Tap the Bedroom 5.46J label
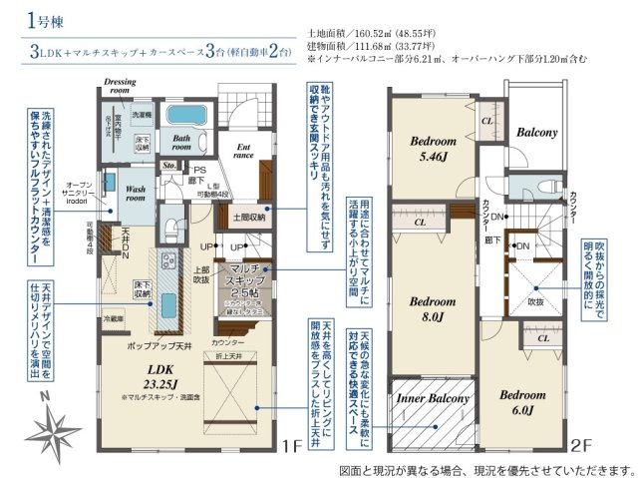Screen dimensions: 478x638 pyautogui.click(x=434, y=149)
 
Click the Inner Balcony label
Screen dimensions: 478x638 pyautogui.click(x=433, y=398)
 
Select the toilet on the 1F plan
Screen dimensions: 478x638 pyautogui.click(x=169, y=226)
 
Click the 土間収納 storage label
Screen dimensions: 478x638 pyautogui.click(x=249, y=214)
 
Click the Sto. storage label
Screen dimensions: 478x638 pyautogui.click(x=169, y=166)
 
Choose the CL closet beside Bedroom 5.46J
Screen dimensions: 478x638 pyautogui.click(x=487, y=120)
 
